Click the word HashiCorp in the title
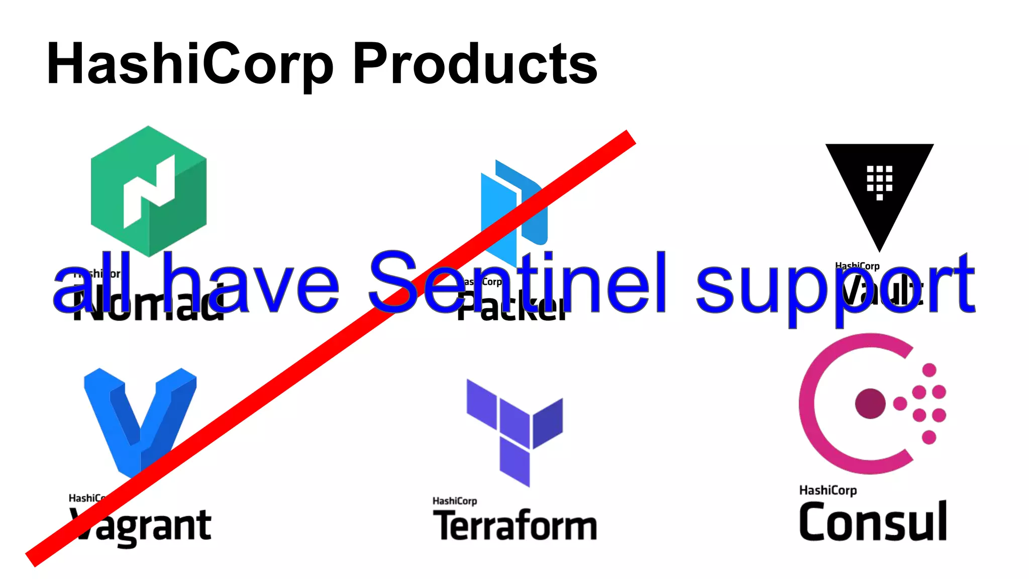(x=190, y=64)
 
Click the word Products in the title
(x=475, y=64)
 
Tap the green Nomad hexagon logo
(x=149, y=191)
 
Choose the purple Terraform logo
(x=515, y=432)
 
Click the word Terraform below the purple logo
(x=515, y=525)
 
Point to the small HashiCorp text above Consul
(x=828, y=490)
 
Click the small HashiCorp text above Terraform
(x=455, y=501)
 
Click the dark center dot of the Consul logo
(x=870, y=404)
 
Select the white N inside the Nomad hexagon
(x=149, y=191)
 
